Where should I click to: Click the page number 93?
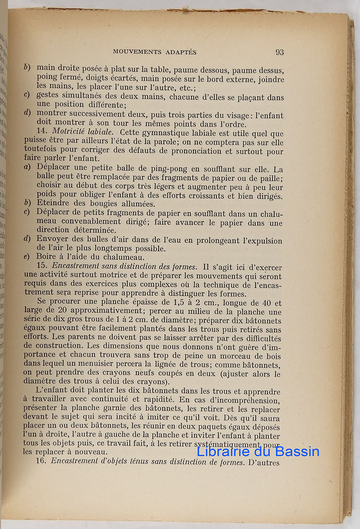click(279, 52)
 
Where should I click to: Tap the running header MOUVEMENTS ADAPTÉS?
click(155, 52)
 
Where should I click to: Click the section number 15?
click(43, 267)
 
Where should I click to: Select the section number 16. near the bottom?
click(43, 462)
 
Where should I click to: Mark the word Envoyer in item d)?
click(52, 241)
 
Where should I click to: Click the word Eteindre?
click(52, 204)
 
